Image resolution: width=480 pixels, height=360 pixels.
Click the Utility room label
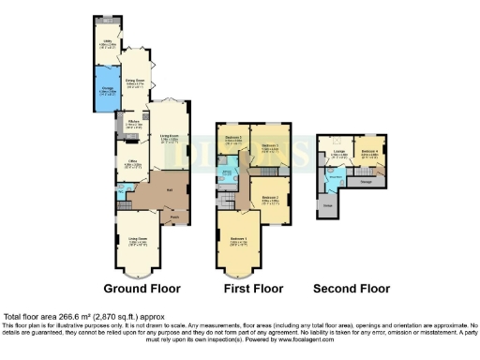(107, 41)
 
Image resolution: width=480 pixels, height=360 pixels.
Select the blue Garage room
(107, 89)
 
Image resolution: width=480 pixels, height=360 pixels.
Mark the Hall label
(169, 190)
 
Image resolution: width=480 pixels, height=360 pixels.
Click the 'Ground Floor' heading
(141, 288)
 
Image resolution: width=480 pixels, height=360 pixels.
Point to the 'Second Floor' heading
(352, 288)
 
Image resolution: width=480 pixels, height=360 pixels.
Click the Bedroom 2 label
(269, 199)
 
